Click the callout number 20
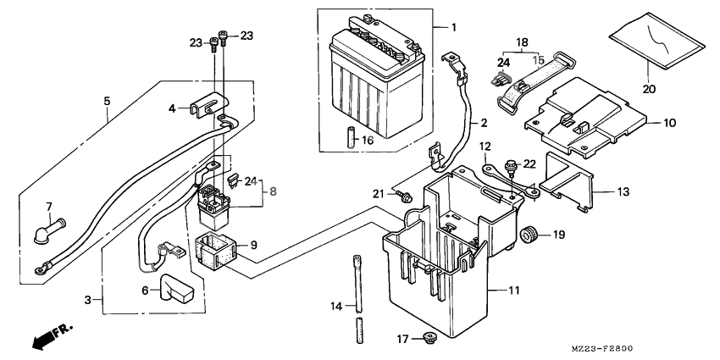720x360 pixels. pyautogui.click(x=649, y=89)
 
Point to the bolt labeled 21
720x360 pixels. pyautogui.click(x=405, y=197)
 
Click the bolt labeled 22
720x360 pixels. pyautogui.click(x=510, y=168)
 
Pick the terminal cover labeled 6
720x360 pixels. pyautogui.click(x=176, y=288)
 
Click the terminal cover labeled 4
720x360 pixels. pyautogui.click(x=210, y=105)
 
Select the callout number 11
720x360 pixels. pyautogui.click(x=514, y=291)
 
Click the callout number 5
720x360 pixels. pyautogui.click(x=107, y=101)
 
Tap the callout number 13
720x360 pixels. pyautogui.click(x=623, y=191)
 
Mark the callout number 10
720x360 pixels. pyautogui.click(x=669, y=123)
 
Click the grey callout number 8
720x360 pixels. pyautogui.click(x=274, y=191)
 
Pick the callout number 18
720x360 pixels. pyautogui.click(x=521, y=42)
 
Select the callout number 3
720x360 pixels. pyautogui.click(x=88, y=301)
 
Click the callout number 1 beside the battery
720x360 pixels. pyautogui.click(x=454, y=28)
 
